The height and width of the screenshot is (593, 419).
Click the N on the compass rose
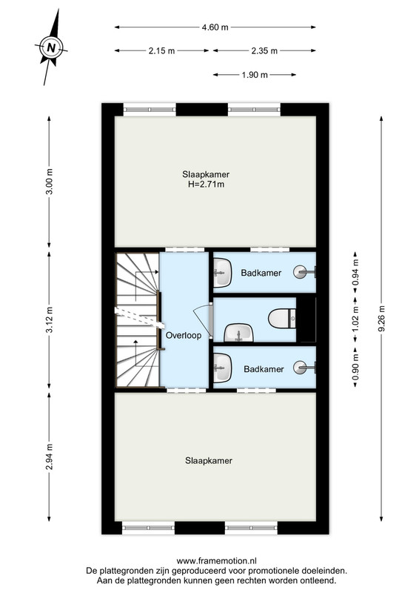(x=51, y=48)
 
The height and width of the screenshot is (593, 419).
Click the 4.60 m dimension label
(x=215, y=27)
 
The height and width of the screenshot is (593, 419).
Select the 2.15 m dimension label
(x=161, y=50)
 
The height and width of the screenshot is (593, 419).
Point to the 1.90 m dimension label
(x=255, y=75)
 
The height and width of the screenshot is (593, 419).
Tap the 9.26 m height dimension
(x=381, y=319)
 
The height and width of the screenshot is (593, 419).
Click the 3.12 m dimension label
(x=49, y=319)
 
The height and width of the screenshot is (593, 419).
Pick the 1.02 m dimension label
(x=355, y=319)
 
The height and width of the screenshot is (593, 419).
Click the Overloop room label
(x=184, y=335)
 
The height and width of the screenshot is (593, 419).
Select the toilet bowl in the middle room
(x=282, y=319)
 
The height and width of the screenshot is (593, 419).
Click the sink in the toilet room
(x=239, y=332)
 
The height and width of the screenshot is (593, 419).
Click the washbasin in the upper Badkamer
(x=223, y=273)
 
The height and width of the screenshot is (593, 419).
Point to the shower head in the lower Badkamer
(x=304, y=367)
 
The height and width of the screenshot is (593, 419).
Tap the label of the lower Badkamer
(x=264, y=369)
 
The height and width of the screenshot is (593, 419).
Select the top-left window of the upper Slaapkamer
(x=150, y=110)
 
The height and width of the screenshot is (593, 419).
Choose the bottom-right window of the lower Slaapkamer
(x=251, y=528)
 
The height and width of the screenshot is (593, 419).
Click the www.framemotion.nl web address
(x=216, y=561)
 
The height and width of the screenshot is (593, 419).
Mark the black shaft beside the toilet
(x=306, y=320)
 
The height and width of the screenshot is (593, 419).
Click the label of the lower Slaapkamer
(x=209, y=460)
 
